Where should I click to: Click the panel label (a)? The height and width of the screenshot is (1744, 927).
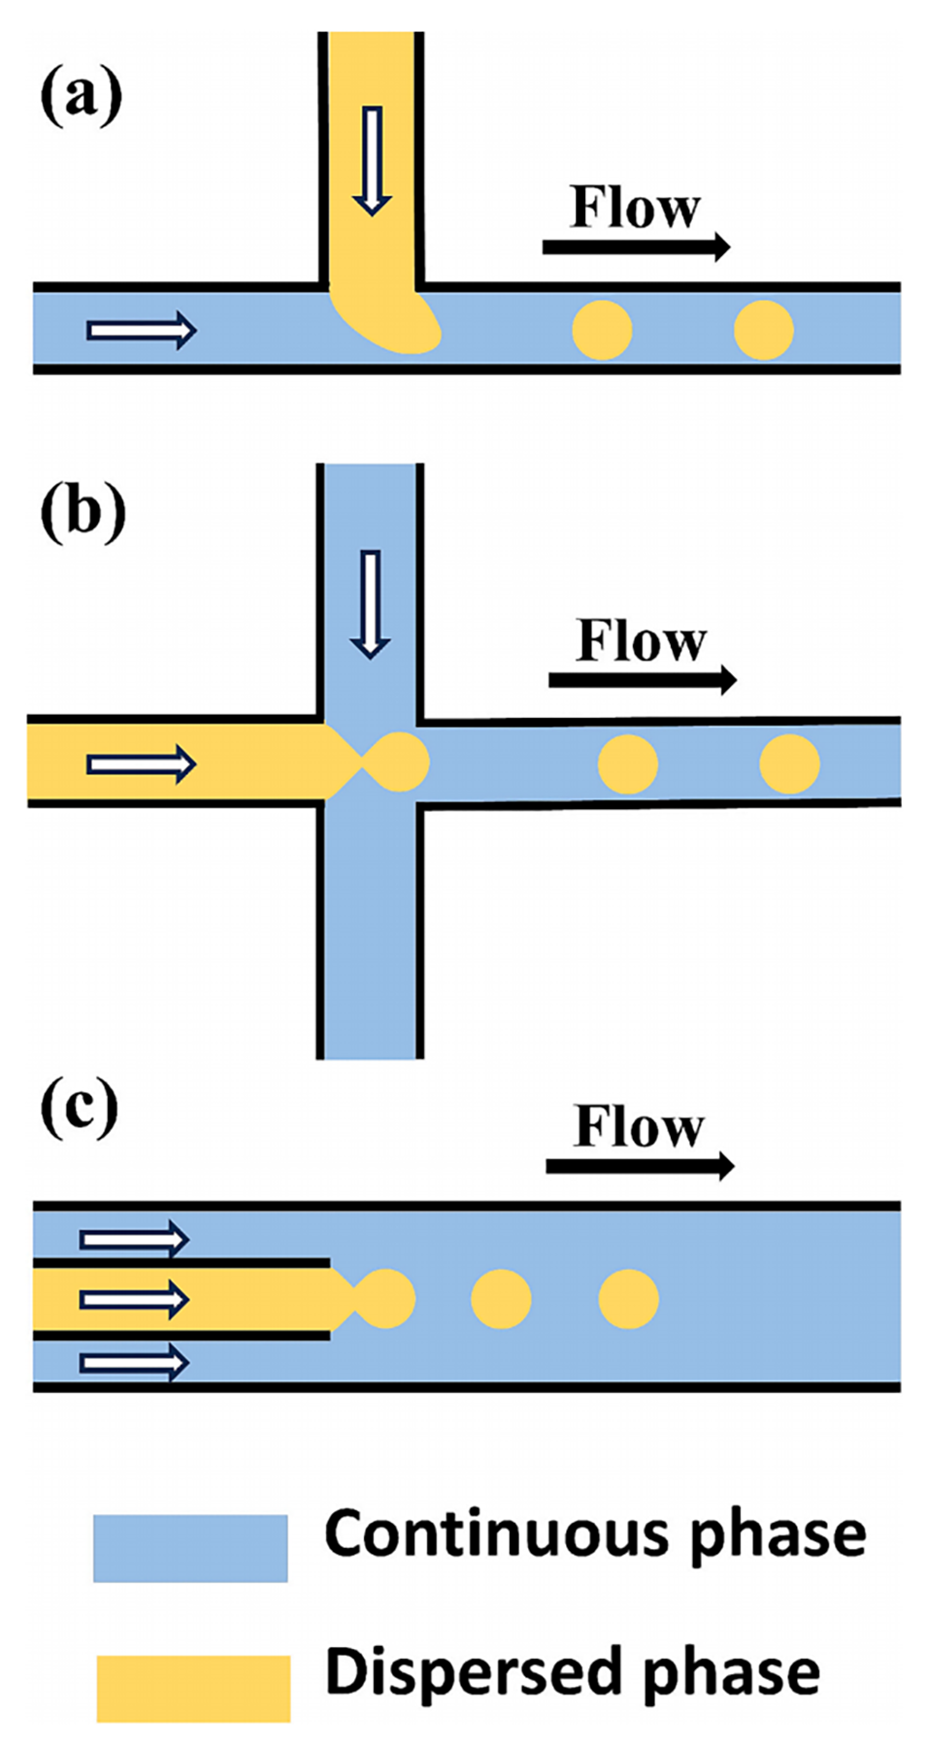point(82,97)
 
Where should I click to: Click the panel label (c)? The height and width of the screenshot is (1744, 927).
point(80,1108)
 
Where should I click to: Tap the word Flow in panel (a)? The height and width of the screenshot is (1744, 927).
point(635,207)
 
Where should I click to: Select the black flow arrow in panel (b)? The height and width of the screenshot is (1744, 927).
point(643,680)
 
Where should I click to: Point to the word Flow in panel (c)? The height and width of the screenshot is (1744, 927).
point(639,1126)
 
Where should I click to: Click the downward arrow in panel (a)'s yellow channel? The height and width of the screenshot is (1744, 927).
point(372,160)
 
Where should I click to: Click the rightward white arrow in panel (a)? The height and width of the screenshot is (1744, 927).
point(142,331)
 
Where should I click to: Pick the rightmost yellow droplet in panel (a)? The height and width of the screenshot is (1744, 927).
point(764,330)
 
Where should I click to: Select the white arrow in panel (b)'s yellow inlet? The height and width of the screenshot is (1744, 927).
point(142,764)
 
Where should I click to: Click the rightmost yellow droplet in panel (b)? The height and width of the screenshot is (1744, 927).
point(789,763)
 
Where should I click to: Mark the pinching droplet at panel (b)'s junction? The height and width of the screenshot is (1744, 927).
point(398,762)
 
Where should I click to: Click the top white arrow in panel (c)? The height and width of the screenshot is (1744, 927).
point(134,1239)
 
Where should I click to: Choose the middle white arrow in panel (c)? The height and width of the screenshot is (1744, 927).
point(134,1299)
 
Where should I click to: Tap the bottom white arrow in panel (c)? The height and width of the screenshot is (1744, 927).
point(134,1363)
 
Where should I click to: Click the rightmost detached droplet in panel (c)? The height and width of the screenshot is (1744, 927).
point(629,1299)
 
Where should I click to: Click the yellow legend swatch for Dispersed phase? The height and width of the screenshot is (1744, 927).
point(193,1689)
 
